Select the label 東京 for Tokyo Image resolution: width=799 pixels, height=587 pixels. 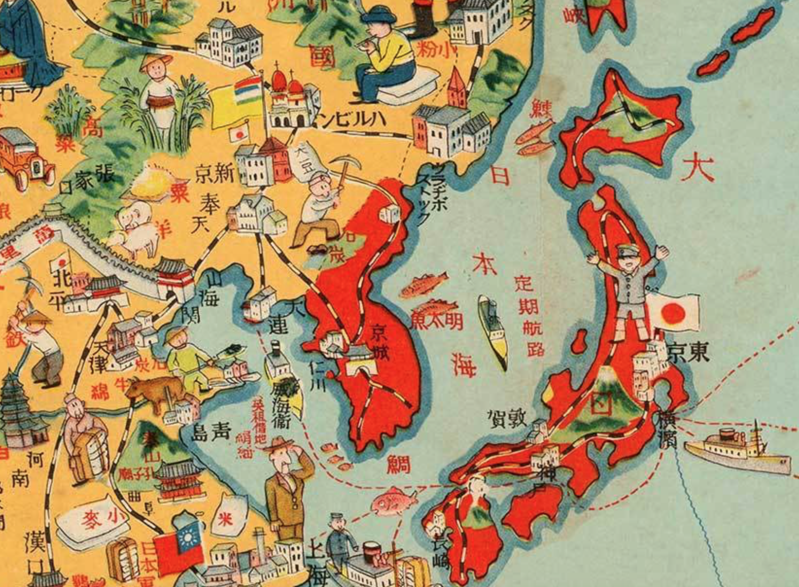click(x=688, y=353)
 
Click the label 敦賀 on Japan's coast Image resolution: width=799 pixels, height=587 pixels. click(x=507, y=418)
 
